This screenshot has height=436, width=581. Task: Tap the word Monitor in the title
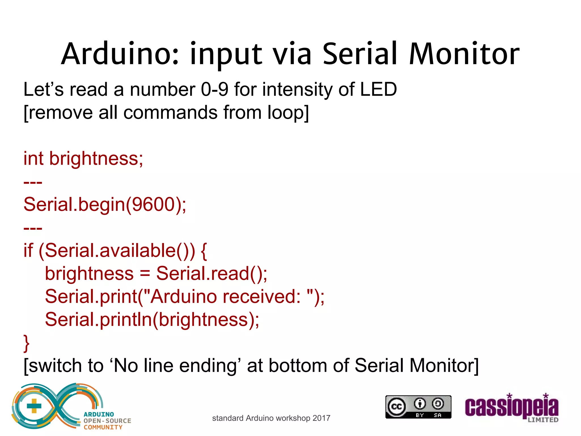464,54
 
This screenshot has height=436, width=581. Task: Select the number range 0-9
214,89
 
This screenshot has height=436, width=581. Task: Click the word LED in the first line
378,89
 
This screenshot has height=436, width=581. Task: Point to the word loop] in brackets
288,112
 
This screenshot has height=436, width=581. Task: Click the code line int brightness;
83,158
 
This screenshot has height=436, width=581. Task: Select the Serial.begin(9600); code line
105,204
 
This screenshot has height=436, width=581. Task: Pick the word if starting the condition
28,250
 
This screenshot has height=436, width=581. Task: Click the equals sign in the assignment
145,274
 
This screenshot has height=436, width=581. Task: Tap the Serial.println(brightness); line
152,320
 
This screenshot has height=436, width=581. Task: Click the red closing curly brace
26,343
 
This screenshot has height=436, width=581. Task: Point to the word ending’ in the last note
210,366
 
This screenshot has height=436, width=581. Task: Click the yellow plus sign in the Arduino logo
34,406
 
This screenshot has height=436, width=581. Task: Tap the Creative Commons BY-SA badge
418,407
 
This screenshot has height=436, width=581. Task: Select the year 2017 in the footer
321,418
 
